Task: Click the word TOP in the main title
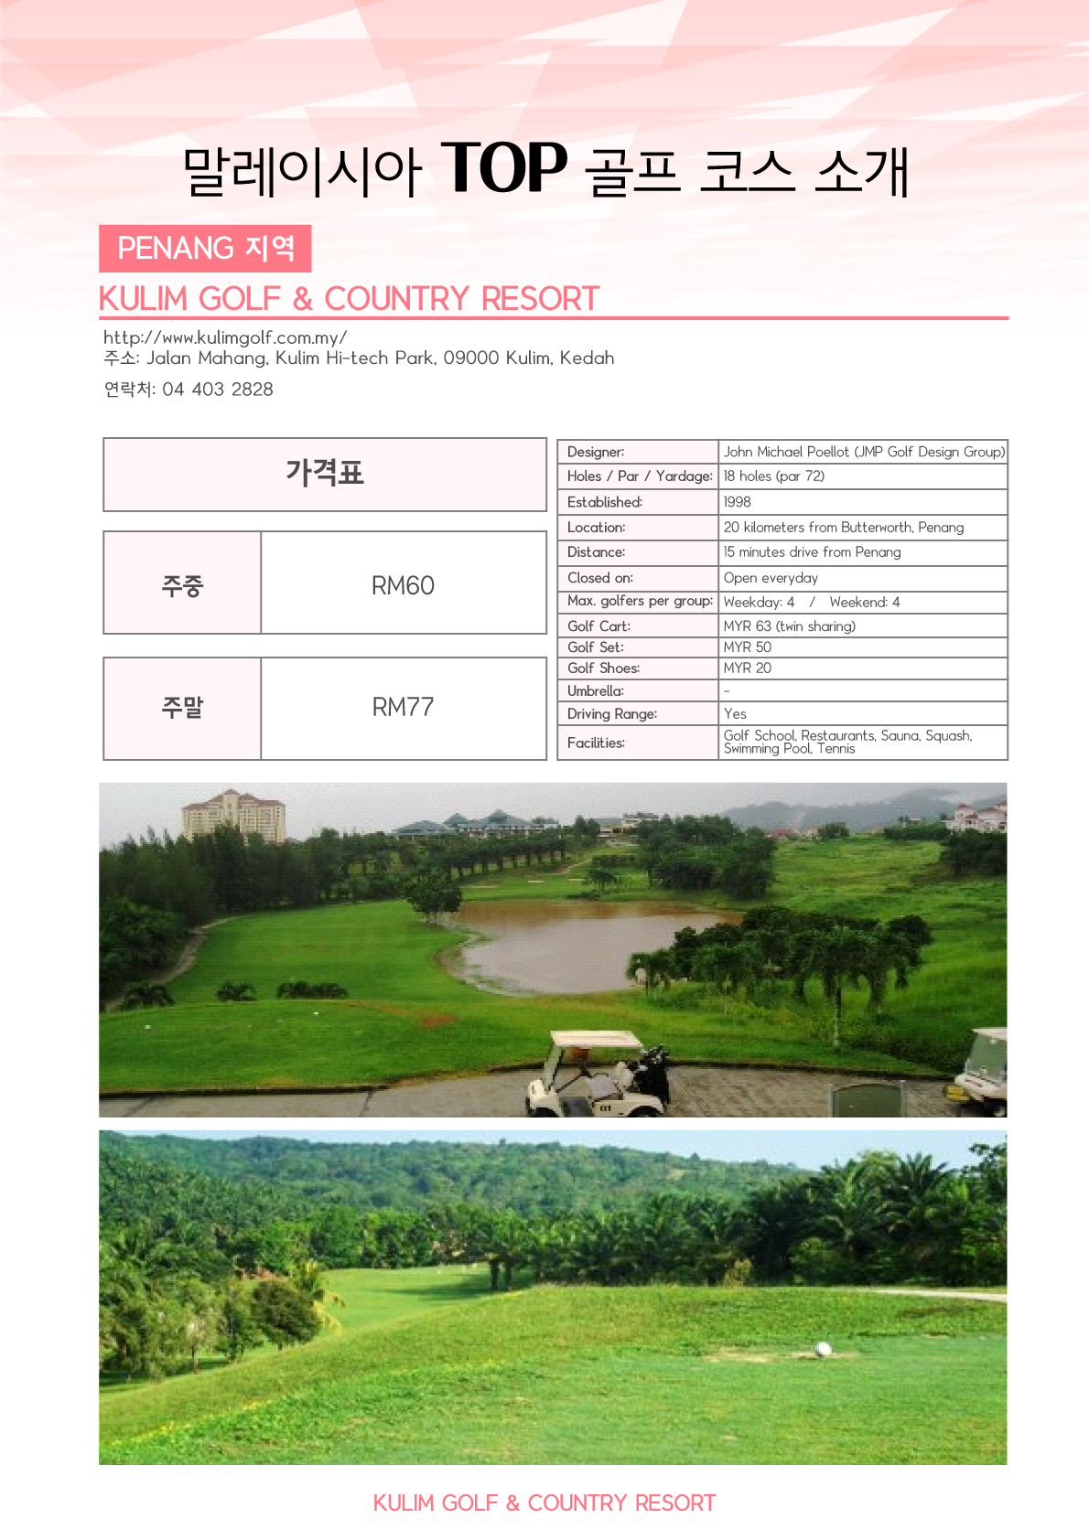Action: click(x=504, y=168)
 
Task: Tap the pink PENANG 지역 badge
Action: click(x=205, y=249)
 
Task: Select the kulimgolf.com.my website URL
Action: click(x=225, y=337)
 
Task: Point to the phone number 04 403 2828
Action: click(x=218, y=390)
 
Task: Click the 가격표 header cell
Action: click(x=325, y=474)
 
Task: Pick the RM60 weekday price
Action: click(x=403, y=585)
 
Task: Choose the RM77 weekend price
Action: click(x=403, y=707)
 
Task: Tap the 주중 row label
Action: click(x=182, y=585)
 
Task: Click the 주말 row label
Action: click(x=182, y=707)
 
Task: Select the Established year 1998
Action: click(x=737, y=502)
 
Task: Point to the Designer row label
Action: click(x=596, y=452)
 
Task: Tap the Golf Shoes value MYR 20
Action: click(x=748, y=668)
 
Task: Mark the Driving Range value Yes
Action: click(x=735, y=714)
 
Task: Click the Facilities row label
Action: click(x=596, y=743)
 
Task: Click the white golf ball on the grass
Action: click(x=823, y=1349)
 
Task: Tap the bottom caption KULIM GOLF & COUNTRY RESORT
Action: click(x=544, y=1503)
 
